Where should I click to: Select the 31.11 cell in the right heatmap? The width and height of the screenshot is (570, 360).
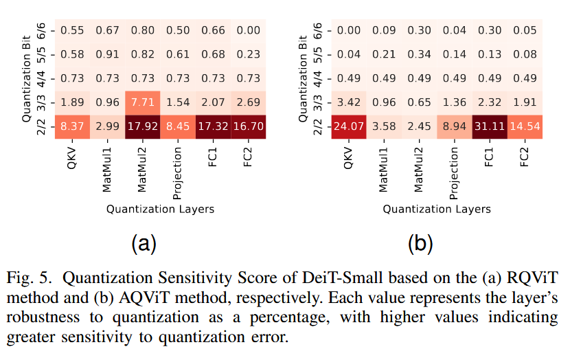point(488,126)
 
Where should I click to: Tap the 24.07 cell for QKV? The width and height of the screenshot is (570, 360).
point(348,126)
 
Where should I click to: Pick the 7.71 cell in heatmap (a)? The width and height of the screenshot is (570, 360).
point(141,102)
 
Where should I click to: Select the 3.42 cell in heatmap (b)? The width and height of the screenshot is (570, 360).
point(348,102)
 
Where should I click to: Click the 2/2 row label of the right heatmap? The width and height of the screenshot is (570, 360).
point(318,126)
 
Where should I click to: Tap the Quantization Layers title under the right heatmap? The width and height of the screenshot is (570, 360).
point(436,209)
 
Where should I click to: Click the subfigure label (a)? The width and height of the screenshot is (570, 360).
point(143,243)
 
